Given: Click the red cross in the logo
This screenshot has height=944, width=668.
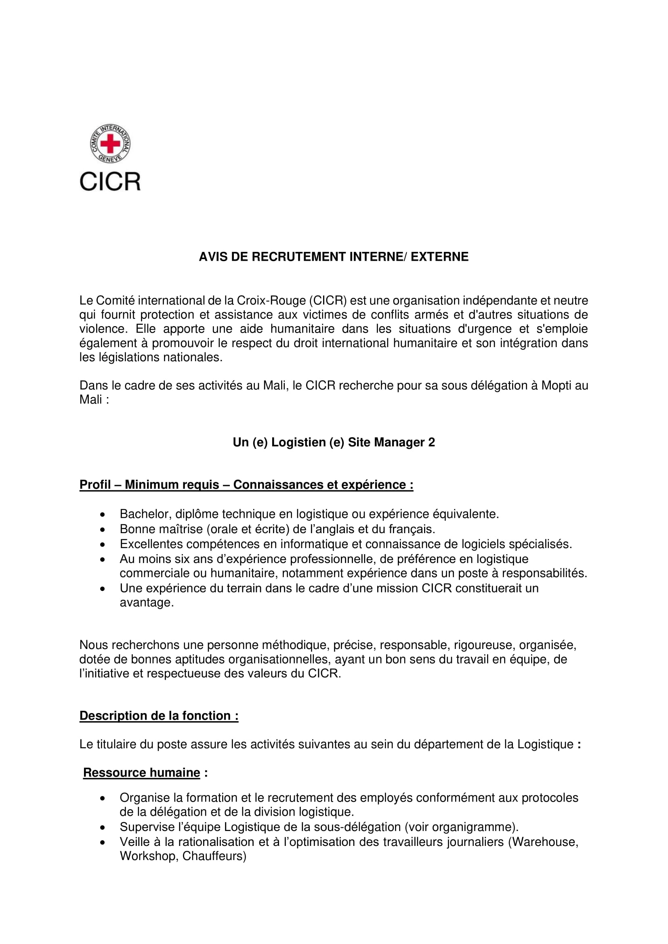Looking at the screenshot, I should pyautogui.click(x=110, y=144).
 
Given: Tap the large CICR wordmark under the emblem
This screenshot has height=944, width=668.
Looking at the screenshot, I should pyautogui.click(x=110, y=181).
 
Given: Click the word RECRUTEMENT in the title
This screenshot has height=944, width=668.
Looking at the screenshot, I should pyautogui.click(x=299, y=257).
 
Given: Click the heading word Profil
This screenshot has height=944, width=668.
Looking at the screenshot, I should pyautogui.click(x=95, y=485).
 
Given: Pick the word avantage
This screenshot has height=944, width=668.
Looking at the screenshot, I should pyautogui.click(x=147, y=603).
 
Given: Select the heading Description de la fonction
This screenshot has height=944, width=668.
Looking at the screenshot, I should pyautogui.click(x=159, y=716).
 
